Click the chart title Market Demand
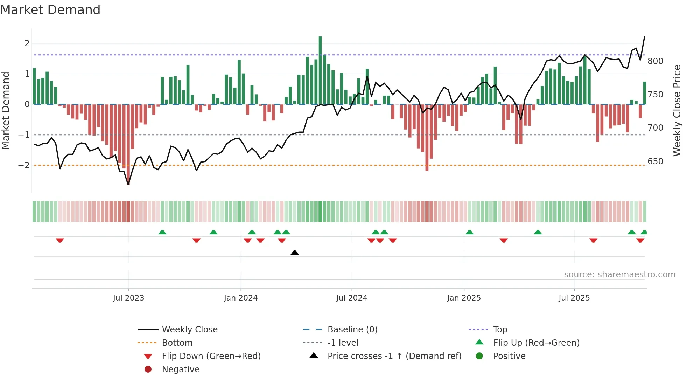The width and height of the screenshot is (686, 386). coord(50,10)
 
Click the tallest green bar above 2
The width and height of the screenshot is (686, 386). coord(320,70)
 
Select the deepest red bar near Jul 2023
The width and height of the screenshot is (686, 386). coord(128,144)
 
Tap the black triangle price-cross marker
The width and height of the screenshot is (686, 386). coord(295,253)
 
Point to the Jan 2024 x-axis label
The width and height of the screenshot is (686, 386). coord(241,298)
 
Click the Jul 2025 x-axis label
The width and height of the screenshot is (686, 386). coord(574,298)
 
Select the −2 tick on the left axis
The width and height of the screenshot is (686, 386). coord(24,165)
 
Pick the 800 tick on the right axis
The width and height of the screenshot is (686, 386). coord(655,61)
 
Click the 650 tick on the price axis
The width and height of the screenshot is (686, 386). coord(655,161)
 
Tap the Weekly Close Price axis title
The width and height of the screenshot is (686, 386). coord(677,110)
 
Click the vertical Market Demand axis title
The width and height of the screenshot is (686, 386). coord(6,110)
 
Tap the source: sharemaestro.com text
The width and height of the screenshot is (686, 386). coord(619,275)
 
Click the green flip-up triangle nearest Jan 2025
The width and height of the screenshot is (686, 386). coord(470,232)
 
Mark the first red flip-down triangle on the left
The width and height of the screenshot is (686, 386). coord(60,240)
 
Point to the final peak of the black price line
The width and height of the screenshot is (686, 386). coord(644,37)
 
